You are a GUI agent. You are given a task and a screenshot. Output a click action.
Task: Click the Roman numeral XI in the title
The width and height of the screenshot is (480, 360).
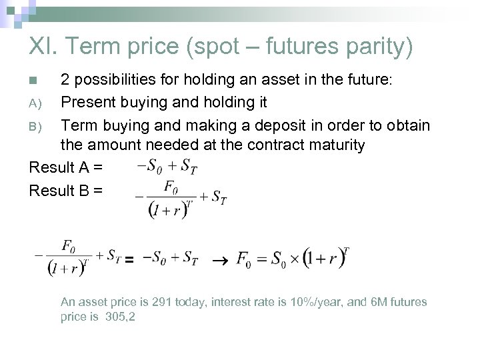[x=43, y=47]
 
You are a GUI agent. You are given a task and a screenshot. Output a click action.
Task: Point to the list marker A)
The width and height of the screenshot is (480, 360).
[x=35, y=103]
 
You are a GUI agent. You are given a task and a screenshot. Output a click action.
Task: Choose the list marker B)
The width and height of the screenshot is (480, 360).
[x=35, y=126]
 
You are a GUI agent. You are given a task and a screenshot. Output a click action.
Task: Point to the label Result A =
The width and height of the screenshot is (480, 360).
[x=65, y=167]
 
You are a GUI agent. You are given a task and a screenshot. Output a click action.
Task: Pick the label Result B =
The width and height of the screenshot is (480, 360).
[x=65, y=191]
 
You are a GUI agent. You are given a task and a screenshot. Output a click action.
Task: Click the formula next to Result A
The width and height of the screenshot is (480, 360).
[x=167, y=165]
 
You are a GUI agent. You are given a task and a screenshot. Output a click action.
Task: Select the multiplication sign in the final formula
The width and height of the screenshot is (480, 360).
[x=291, y=259]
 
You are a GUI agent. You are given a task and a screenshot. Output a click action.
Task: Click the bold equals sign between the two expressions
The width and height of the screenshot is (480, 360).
[x=130, y=259]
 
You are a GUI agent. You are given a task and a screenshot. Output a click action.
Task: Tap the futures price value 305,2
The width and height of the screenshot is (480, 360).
[x=121, y=317]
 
